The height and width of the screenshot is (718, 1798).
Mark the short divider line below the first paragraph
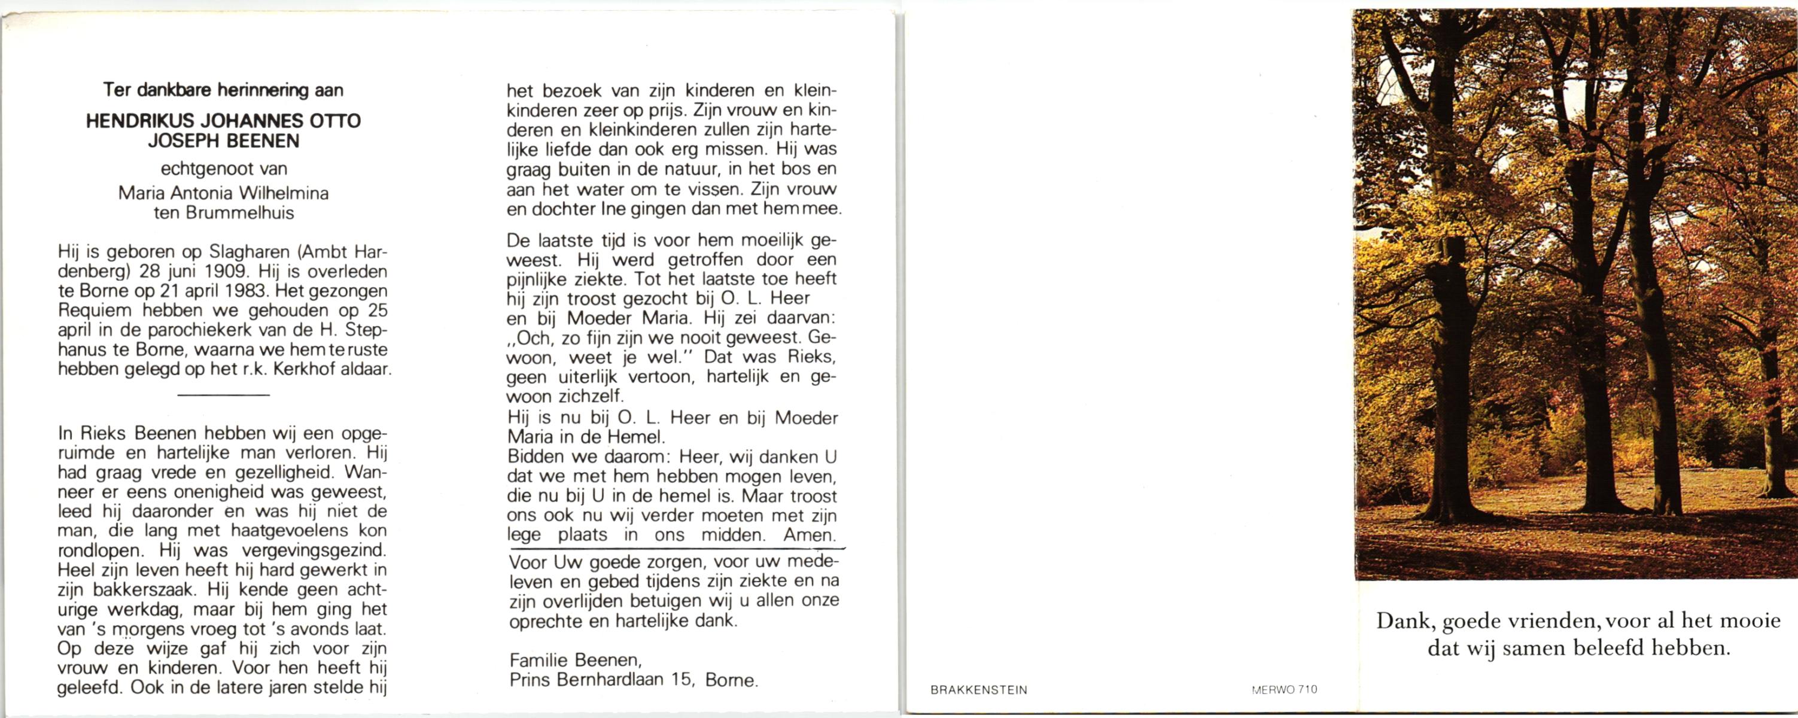[x=224, y=395]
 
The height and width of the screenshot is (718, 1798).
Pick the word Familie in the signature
[x=539, y=660]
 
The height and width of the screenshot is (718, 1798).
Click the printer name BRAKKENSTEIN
[x=978, y=690]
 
